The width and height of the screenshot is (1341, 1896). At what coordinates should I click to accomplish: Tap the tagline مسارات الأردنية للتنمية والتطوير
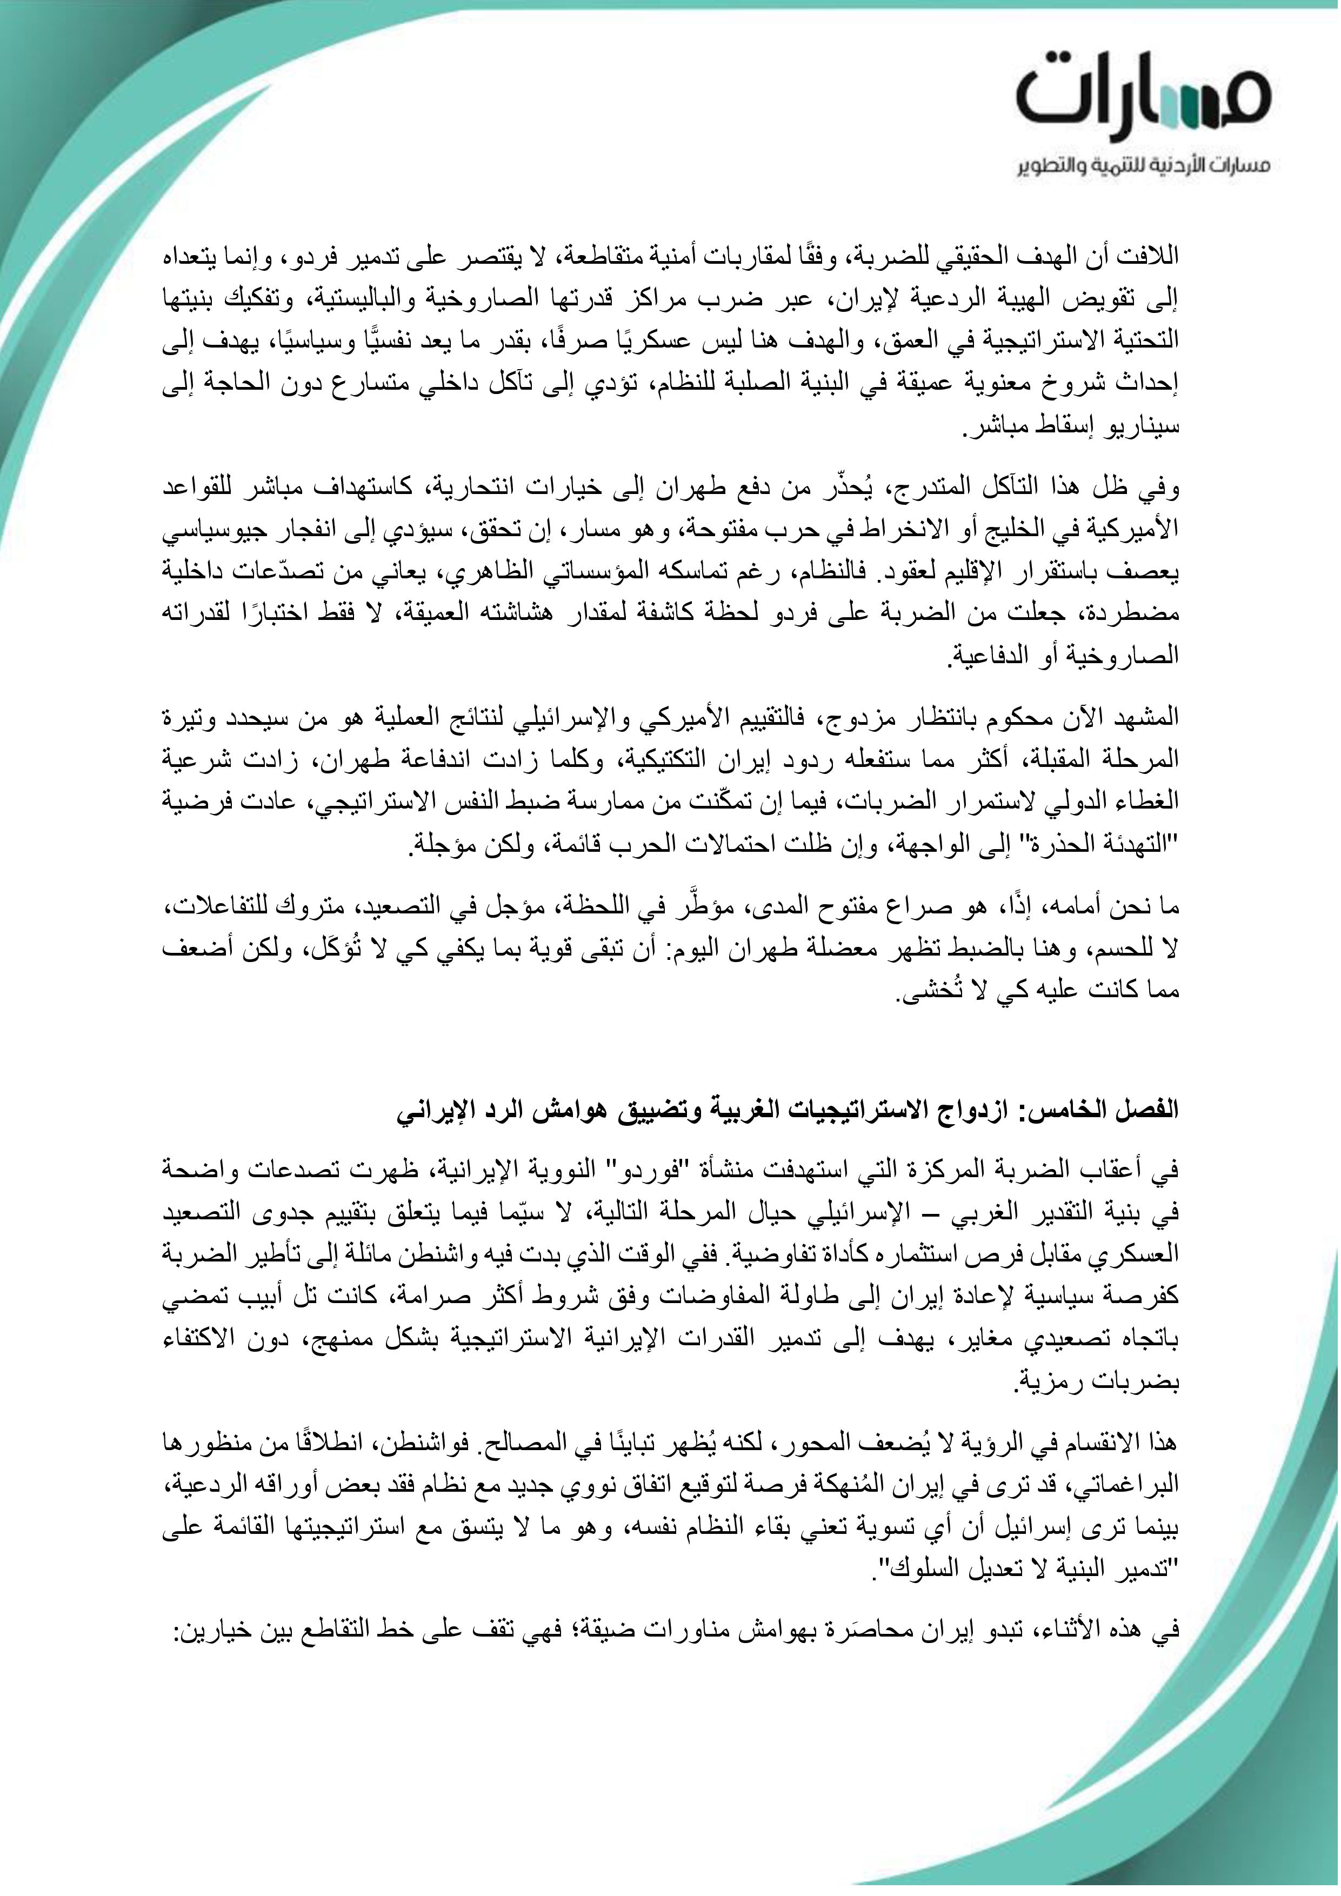pyautogui.click(x=1144, y=168)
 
